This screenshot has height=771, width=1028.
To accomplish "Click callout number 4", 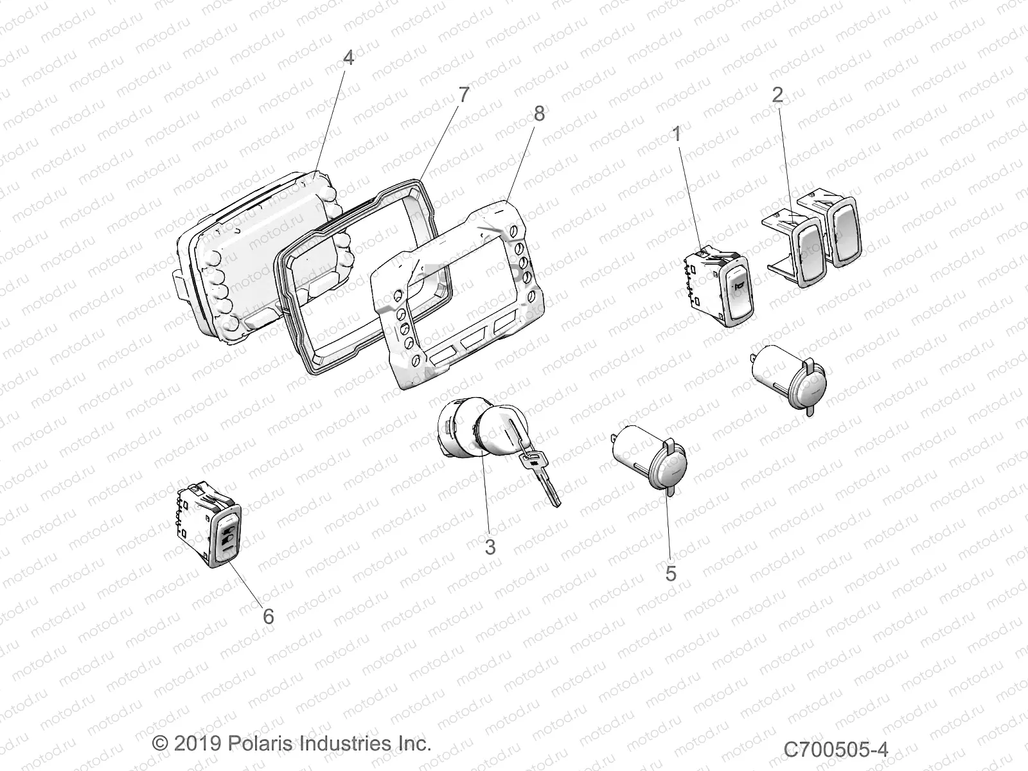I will [348, 58].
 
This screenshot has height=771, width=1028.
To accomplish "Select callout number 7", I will [463, 94].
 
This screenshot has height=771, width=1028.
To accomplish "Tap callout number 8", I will [538, 114].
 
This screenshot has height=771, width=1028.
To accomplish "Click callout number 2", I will [777, 96].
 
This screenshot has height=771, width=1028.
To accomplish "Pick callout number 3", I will [490, 547].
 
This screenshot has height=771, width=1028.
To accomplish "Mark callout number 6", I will [269, 616].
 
